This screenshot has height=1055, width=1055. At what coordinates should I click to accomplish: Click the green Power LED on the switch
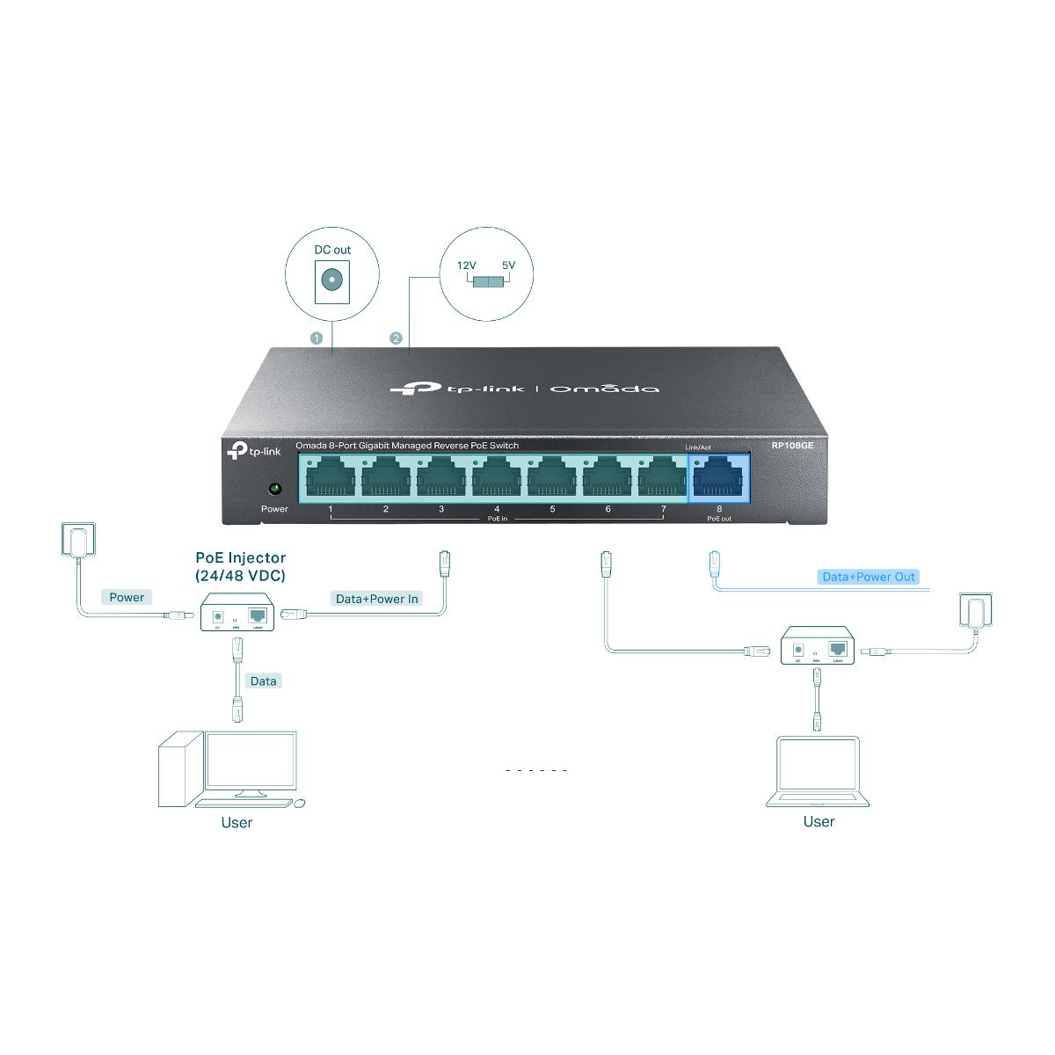click(273, 488)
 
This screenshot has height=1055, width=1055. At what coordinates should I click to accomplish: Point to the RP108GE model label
click(794, 446)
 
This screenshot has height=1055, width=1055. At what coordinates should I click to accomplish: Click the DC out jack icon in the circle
click(332, 280)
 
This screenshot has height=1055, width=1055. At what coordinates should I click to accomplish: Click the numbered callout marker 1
click(317, 338)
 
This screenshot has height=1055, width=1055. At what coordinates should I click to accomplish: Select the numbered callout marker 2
click(396, 338)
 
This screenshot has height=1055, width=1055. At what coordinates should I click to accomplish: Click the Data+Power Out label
click(868, 577)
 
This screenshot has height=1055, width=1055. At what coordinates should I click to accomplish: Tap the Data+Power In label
click(377, 599)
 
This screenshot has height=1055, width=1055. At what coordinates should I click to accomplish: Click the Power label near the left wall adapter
click(127, 597)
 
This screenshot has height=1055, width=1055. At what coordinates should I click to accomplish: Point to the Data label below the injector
click(263, 680)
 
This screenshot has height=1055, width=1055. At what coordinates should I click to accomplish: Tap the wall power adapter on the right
click(973, 609)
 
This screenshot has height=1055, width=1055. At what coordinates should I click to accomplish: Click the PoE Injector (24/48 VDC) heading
click(240, 566)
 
